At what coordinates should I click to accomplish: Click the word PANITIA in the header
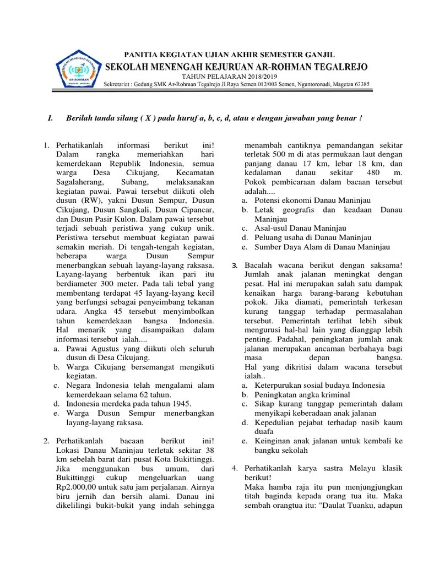tap(141, 54)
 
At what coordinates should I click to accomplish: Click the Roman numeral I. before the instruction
tap(51, 118)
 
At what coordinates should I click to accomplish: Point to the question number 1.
tap(46, 145)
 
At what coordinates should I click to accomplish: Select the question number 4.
tap(235, 468)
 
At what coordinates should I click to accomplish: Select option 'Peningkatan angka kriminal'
tap(302, 395)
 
